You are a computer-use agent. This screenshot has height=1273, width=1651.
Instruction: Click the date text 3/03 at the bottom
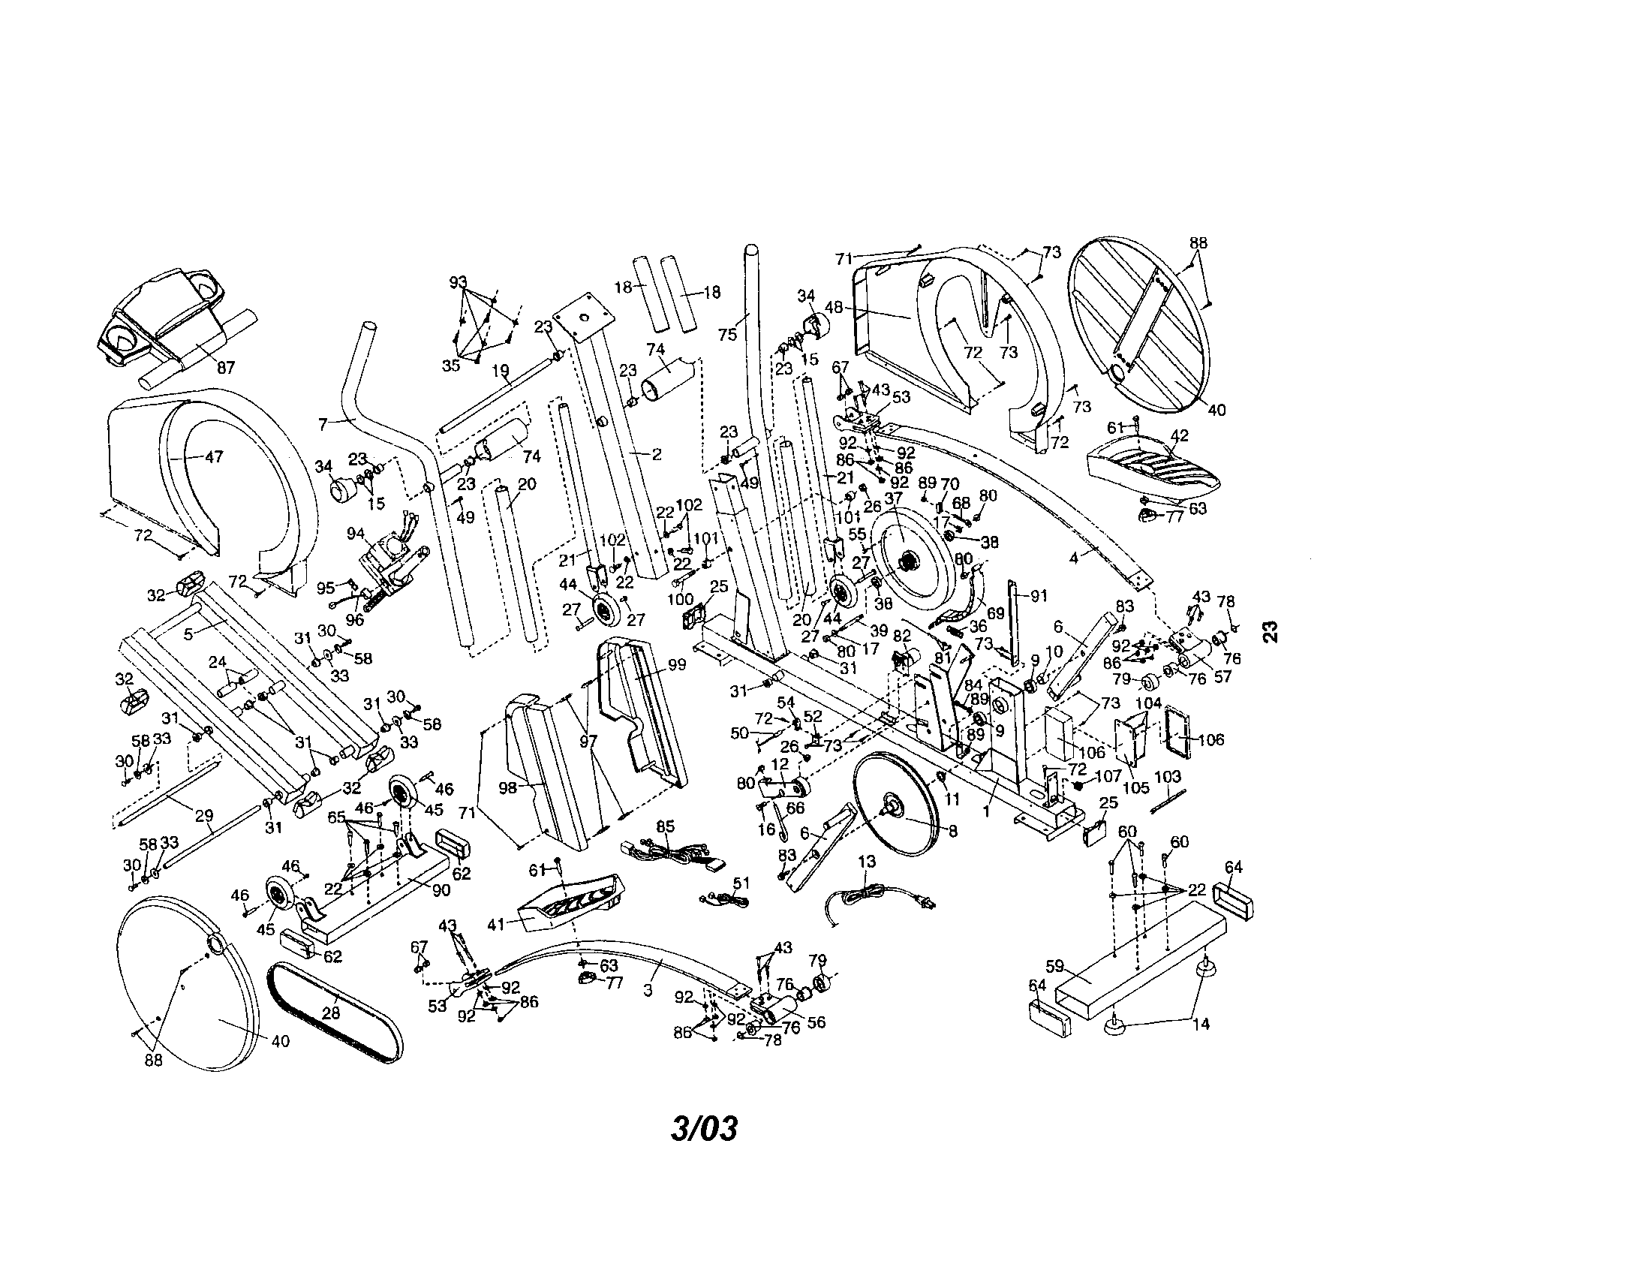704,1130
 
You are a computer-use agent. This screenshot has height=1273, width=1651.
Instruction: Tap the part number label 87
225,368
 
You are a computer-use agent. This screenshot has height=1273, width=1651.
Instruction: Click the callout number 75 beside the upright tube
727,333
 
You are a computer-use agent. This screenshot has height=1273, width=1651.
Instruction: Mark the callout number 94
355,534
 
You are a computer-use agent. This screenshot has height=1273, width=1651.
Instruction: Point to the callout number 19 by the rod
501,370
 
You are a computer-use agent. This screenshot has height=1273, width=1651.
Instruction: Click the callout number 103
1168,776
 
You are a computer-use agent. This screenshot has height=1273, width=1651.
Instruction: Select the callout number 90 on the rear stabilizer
441,889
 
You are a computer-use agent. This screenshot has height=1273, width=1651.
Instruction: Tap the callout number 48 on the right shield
833,308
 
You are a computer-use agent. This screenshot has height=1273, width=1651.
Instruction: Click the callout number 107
1108,775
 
